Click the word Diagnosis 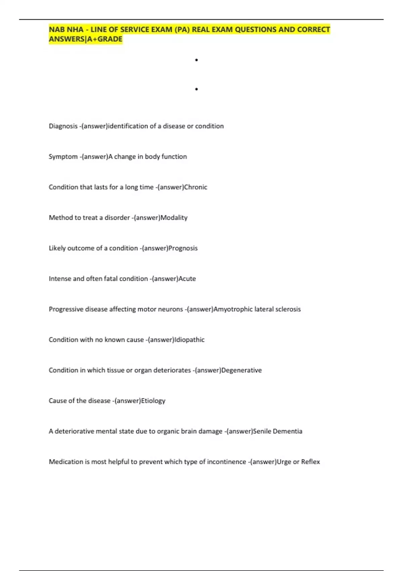pyautogui.click(x=63, y=126)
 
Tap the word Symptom pyautogui.click(x=63, y=157)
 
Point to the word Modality pyautogui.click(x=174, y=218)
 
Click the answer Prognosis pyautogui.click(x=183, y=248)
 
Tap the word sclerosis pyautogui.click(x=288, y=309)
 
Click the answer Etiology pyautogui.click(x=153, y=401)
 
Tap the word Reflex pyautogui.click(x=310, y=462)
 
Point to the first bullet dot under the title pyautogui.click(x=196, y=60)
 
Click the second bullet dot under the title pyautogui.click(x=196, y=89)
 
